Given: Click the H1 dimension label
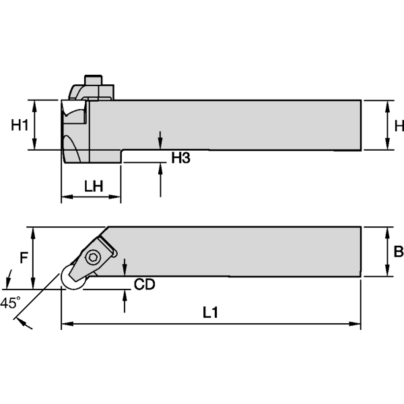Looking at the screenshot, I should [x=20, y=125].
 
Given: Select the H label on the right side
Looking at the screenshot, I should [x=399, y=125].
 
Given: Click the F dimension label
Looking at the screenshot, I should [x=24, y=257].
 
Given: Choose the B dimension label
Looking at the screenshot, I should [x=398, y=251].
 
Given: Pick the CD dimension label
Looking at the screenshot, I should [x=144, y=284].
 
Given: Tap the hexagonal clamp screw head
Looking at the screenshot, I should [x=92, y=257].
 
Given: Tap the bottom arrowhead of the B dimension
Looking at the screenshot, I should [x=386, y=272].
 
